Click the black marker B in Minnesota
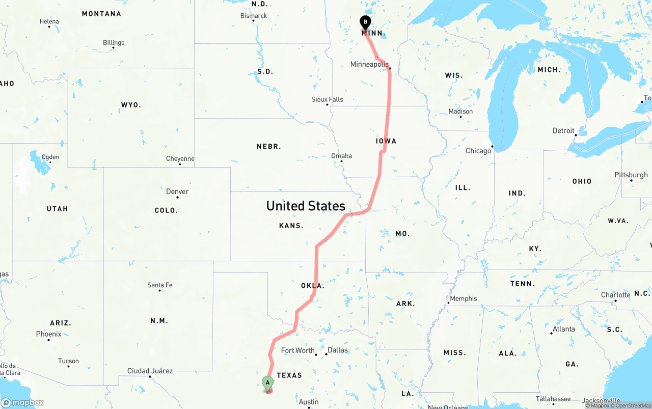(x=365, y=22)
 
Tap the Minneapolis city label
(x=369, y=64)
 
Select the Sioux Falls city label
(x=327, y=99)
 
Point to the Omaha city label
(x=341, y=156)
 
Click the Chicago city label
(x=478, y=151)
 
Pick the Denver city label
(x=177, y=192)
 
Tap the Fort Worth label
(x=298, y=350)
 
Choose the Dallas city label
(x=338, y=350)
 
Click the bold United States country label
(x=306, y=206)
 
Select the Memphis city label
(x=464, y=298)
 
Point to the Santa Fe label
(x=160, y=285)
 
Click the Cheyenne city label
(x=180, y=159)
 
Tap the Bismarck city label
(x=254, y=16)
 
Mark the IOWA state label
(x=386, y=141)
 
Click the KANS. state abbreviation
(x=291, y=226)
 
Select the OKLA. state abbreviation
(x=312, y=286)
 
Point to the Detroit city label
(x=563, y=131)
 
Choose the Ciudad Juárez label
(x=150, y=371)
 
